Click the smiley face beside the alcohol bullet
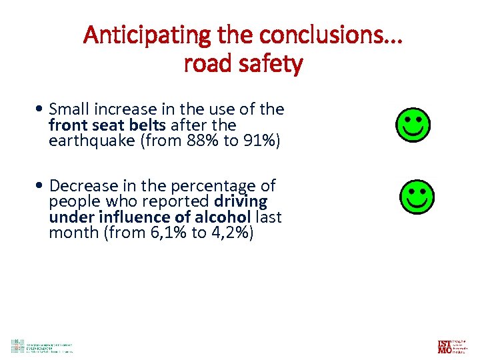(417, 196)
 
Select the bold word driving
(241, 201)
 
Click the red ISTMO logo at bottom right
(445, 346)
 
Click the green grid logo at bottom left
(17, 345)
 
